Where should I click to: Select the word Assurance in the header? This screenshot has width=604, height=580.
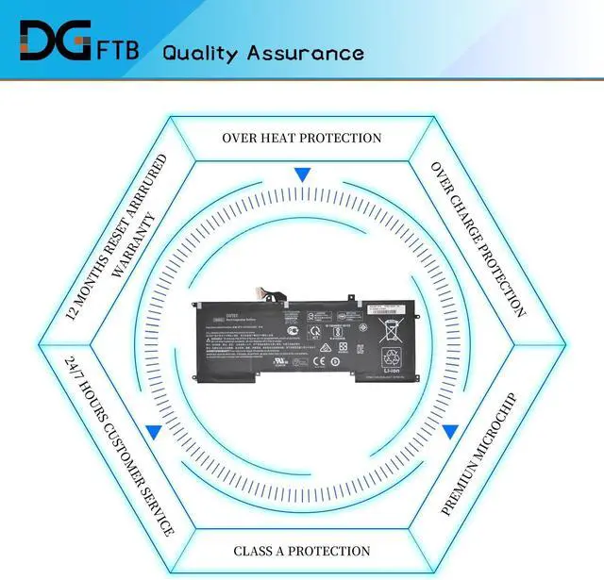click(x=308, y=53)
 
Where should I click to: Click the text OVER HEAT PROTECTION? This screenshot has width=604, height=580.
click(x=302, y=138)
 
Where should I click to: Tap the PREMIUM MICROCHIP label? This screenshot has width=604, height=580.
click(x=481, y=454)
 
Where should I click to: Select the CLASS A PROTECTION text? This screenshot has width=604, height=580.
click(x=302, y=551)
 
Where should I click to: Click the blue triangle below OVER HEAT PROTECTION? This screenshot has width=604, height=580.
click(x=302, y=175)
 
